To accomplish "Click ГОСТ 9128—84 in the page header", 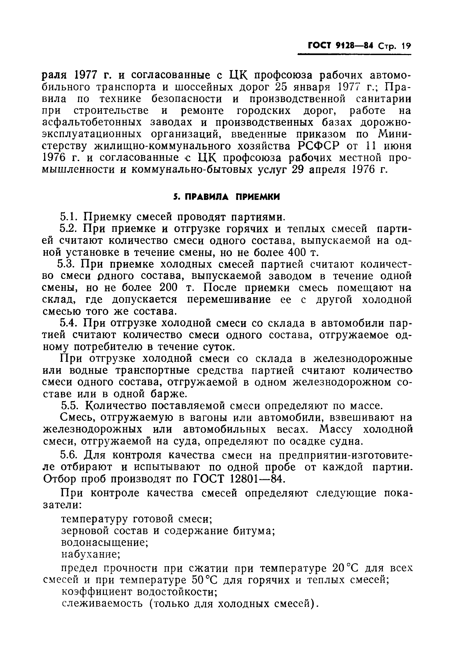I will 340,45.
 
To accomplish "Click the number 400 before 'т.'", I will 297,253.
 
